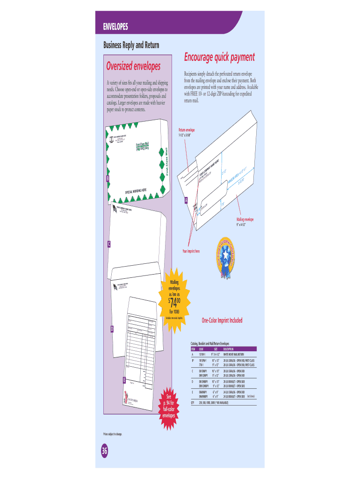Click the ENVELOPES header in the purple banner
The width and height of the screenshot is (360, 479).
click(115, 26)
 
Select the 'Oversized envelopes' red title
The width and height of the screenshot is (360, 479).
click(133, 65)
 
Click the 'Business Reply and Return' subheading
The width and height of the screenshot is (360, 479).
click(131, 45)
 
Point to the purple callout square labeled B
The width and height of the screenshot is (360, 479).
click(108, 179)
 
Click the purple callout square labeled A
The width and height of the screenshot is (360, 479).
click(187, 200)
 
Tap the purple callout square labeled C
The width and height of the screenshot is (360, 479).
click(108, 244)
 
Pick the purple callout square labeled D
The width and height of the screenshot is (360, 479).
click(112, 329)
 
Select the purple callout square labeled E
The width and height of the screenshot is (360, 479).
click(124, 379)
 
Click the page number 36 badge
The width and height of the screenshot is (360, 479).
click(104, 451)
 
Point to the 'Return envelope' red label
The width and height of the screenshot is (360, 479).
click(187, 130)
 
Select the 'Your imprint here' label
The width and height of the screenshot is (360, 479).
click(191, 251)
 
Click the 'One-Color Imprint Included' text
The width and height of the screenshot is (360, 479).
click(222, 320)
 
